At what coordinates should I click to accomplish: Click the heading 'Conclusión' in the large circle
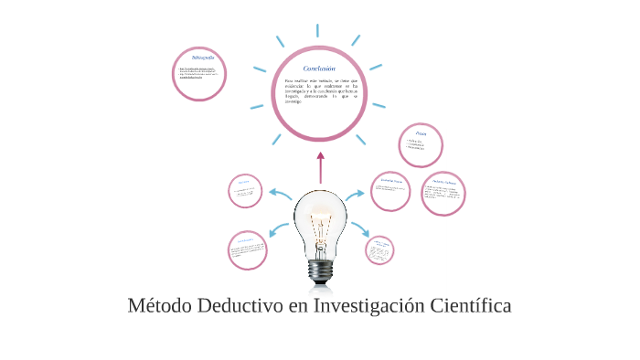tap(319, 69)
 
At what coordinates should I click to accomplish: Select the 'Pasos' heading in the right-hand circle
tap(421, 133)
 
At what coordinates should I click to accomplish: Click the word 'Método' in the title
tap(159, 305)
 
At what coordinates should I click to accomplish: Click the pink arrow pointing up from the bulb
tap(320, 166)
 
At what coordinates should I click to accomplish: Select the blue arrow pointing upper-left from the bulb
tap(280, 194)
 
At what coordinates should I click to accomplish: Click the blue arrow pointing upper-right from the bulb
tap(356, 194)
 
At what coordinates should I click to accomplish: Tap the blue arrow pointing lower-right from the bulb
tap(359, 228)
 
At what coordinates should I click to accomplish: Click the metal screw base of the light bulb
tap(320, 270)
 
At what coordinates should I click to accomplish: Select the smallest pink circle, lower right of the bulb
tap(379, 249)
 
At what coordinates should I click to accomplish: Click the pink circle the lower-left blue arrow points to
tap(247, 250)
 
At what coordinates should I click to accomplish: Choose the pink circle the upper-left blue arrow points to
tap(245, 191)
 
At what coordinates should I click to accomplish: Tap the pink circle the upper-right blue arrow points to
tap(390, 191)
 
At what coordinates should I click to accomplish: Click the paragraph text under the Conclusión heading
tap(319, 91)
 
